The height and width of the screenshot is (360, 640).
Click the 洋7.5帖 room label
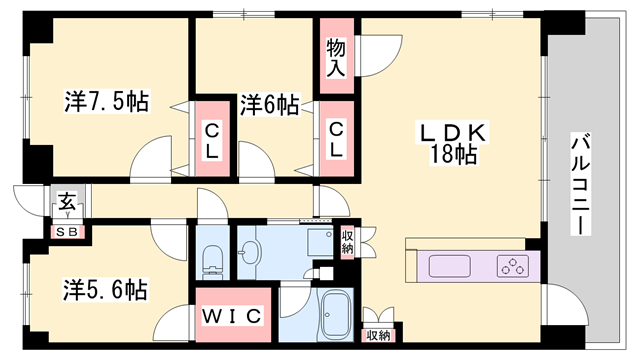(x=107, y=101)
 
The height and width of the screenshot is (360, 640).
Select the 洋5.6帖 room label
(x=107, y=291)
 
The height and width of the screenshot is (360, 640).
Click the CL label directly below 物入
(x=337, y=138)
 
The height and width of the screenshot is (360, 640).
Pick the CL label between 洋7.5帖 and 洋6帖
(x=212, y=138)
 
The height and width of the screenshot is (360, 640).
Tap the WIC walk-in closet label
(x=233, y=316)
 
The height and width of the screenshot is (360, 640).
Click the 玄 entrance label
(x=66, y=203)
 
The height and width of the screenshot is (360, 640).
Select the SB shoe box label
(x=67, y=232)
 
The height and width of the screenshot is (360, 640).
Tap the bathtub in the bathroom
(x=333, y=318)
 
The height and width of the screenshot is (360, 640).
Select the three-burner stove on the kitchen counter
(x=513, y=266)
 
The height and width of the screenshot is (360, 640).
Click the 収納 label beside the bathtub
(x=377, y=336)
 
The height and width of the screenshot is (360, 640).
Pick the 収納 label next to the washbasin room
(x=347, y=241)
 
